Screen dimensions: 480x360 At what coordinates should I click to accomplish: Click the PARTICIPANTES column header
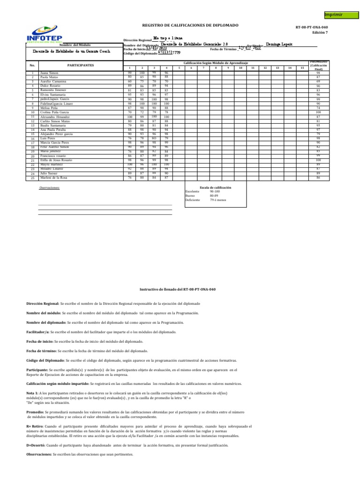81,65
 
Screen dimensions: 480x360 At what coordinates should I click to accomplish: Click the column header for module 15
302,68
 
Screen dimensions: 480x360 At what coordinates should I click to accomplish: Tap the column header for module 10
240,68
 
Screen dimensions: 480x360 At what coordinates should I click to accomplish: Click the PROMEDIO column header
318,65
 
